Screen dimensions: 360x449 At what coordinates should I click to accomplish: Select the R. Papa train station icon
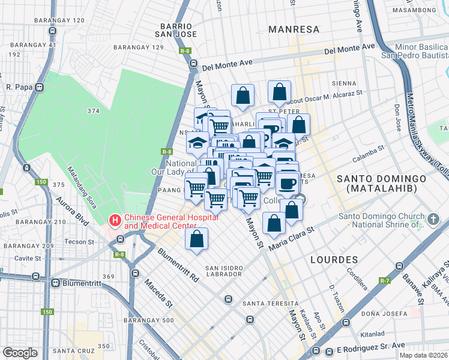[40, 87]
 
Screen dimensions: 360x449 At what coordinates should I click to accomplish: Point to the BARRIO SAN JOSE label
[176, 30]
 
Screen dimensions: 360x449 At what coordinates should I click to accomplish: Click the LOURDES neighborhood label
[334, 260]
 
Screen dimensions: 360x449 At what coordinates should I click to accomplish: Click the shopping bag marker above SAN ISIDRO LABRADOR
[196, 239]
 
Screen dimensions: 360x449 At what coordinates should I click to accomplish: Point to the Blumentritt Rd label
[178, 266]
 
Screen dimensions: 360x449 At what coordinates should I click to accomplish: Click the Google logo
[20, 353]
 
